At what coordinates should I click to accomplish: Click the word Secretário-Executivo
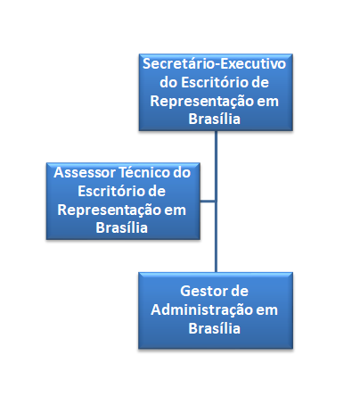(214, 63)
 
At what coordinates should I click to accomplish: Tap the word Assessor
(85, 172)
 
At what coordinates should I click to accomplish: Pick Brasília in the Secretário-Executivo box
(214, 119)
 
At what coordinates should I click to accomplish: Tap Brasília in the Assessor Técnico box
(121, 227)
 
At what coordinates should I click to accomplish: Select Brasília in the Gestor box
(214, 328)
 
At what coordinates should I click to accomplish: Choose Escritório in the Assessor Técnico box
(111, 191)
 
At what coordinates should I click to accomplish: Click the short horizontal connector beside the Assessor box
(208, 202)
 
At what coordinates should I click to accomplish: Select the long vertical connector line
(216, 202)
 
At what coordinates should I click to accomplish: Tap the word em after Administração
(266, 310)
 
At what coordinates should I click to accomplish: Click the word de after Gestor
(237, 291)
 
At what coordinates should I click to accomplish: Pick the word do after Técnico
(182, 172)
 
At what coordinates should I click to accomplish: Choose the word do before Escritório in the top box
(168, 82)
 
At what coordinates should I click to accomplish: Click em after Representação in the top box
(268, 102)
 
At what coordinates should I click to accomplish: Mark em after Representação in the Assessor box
(176, 210)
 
